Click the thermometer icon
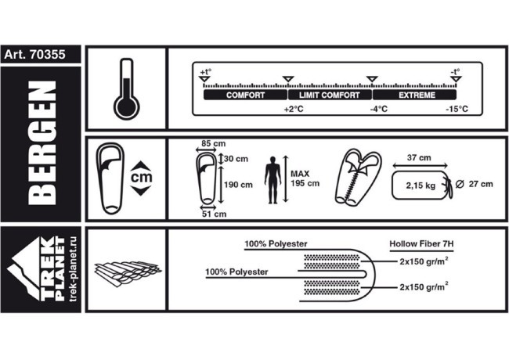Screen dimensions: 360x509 pos(125,88)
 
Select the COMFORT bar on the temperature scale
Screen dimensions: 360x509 pos(245,95)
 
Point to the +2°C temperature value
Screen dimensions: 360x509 pos(292,110)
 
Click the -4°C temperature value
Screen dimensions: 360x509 pos(378,110)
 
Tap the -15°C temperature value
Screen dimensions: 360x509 pos(457,110)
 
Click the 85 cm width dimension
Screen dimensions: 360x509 pos(210,143)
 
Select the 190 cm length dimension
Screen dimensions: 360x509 pos(239,185)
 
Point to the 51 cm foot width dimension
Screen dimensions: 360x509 pos(214,213)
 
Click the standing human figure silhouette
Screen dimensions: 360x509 pos(271,179)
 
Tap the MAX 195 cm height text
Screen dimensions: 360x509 pos(305,179)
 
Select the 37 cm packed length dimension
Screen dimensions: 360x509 pos(419,158)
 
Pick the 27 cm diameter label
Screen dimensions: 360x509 pos(480,185)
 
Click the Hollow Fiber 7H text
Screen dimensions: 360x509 pos(421,243)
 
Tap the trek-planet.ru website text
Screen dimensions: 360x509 pos(72,270)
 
